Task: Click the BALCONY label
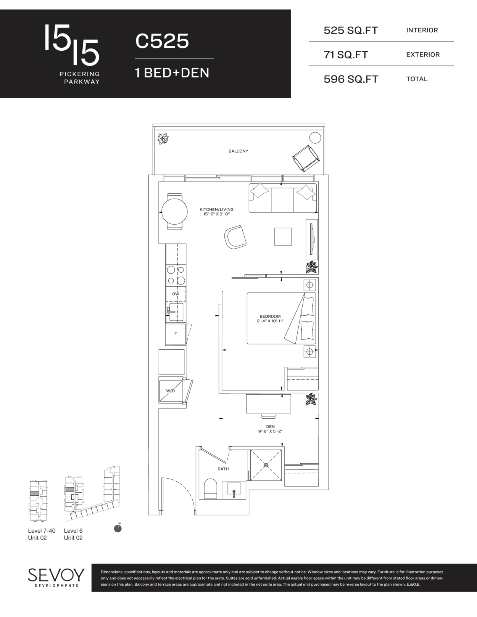pos(238,151)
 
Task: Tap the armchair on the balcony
pos(306,158)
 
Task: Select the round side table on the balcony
pos(315,138)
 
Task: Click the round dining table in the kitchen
pos(174,212)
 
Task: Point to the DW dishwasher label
pos(176,294)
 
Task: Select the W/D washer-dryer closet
pos(171,391)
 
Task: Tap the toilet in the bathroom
pos(210,488)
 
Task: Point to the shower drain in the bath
pos(266,465)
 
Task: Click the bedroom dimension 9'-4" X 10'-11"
pos(270,321)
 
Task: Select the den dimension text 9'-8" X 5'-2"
pos(270,431)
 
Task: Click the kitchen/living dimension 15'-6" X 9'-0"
pos(216,214)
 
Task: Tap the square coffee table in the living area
pos(283,236)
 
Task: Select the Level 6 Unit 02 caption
pos(73,534)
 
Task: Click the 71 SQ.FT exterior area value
pos(346,55)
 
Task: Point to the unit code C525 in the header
pos(162,41)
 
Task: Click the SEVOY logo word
pos(56,575)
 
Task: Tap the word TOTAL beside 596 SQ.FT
pos(417,79)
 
